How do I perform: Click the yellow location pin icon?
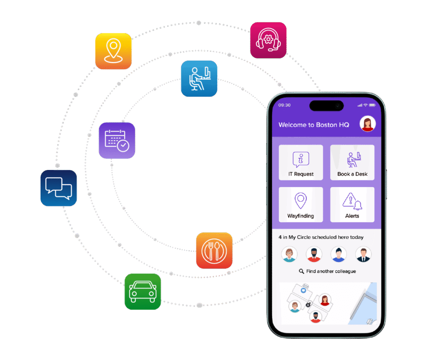tap(113, 51)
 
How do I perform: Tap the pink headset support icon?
tap(268, 40)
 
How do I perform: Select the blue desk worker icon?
tap(199, 79)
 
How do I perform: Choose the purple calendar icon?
tap(117, 140)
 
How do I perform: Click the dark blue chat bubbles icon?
tap(59, 188)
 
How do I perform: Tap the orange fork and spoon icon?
tap(214, 251)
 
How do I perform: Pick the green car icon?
tap(143, 292)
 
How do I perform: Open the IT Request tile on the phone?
tap(301, 162)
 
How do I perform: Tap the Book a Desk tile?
tap(352, 162)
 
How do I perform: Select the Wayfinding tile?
tap(301, 205)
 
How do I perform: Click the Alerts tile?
tap(352, 205)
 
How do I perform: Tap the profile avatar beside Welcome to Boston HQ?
tap(368, 124)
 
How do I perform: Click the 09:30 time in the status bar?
tap(285, 105)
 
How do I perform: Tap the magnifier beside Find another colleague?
tap(301, 271)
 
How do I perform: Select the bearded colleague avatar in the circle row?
tap(314, 254)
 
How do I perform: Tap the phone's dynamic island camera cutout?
tap(326, 106)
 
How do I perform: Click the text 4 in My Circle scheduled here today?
tap(321, 237)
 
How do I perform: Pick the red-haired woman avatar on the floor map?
tap(325, 299)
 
